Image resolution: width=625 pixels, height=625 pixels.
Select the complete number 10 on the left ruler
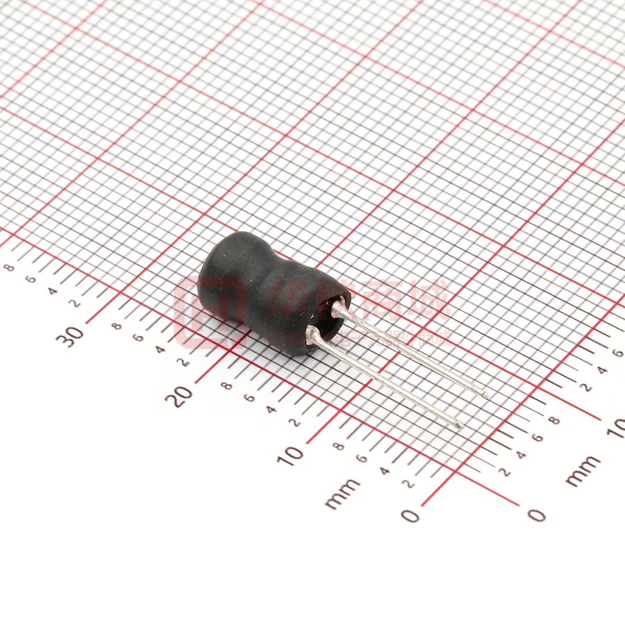293,455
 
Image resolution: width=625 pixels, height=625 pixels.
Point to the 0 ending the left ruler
410,515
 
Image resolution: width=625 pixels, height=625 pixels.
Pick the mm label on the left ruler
342,492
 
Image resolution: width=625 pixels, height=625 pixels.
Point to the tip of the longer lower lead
459,424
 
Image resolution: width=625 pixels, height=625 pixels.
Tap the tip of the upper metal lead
485,395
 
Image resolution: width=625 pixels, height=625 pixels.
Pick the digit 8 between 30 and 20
117,325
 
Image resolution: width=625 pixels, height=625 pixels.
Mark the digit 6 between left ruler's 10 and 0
361,458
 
